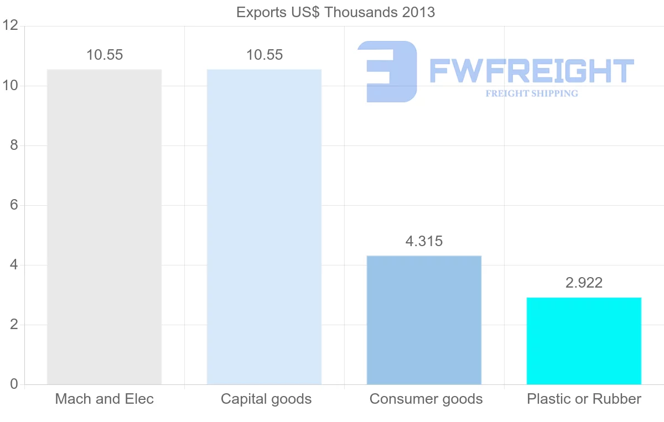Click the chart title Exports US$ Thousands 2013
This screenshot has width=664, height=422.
point(335,12)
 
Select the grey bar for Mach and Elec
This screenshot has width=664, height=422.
point(104,227)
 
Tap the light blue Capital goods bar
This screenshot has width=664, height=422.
point(264,227)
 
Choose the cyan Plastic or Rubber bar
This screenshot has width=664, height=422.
point(584,341)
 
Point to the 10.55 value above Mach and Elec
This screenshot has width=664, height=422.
point(105,55)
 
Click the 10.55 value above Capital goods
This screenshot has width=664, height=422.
point(264,55)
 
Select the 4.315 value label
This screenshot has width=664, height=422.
point(424,241)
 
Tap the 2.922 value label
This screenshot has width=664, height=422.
point(584,283)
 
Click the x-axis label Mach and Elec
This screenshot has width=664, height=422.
point(104,399)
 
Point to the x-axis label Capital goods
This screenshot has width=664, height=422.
point(266,399)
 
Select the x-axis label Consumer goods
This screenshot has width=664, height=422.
point(426,399)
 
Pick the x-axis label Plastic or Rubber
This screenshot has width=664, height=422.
point(584,399)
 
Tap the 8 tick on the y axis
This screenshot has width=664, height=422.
point(14,145)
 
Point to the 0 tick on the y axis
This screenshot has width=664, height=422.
point(14,384)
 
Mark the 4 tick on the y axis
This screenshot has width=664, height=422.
point(14,265)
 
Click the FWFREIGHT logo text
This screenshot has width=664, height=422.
point(531,71)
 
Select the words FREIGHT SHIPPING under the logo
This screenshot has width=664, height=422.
point(532,93)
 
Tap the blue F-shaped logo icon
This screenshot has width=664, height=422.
point(387,71)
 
